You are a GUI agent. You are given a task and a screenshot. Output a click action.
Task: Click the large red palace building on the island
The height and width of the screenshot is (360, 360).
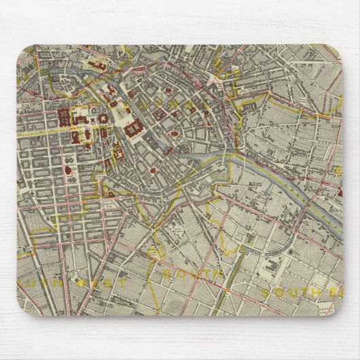(132, 126)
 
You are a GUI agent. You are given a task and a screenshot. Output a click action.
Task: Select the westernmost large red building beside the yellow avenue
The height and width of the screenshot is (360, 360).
(62, 118)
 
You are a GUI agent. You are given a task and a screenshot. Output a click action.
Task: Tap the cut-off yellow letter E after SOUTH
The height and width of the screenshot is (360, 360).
(333, 293)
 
